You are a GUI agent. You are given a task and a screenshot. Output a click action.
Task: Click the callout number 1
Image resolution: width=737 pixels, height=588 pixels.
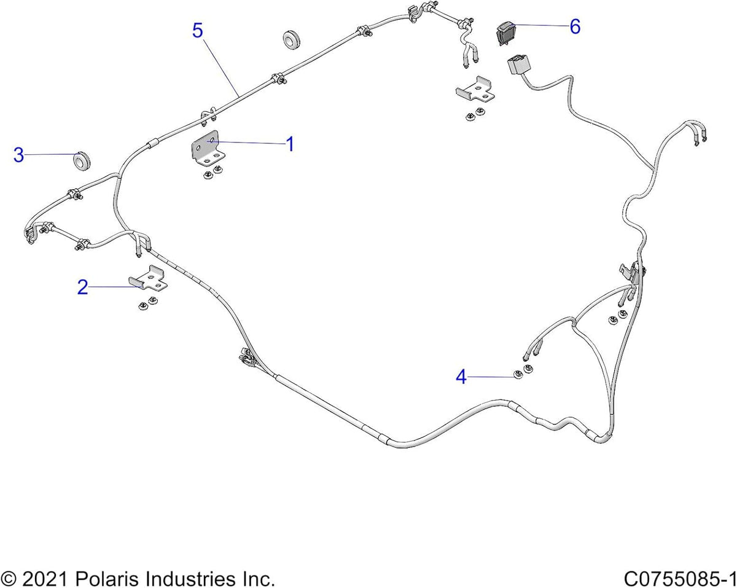point(290,144)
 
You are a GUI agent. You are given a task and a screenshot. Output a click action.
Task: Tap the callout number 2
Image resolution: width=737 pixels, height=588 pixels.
point(83,287)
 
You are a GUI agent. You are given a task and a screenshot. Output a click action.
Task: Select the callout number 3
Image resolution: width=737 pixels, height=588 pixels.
point(19,155)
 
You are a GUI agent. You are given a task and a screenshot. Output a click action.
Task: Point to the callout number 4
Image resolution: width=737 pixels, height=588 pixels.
point(461,377)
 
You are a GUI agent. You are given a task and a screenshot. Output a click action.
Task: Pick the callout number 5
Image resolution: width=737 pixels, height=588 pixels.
point(198,31)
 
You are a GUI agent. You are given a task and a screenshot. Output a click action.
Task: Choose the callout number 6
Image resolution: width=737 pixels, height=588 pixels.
point(575,26)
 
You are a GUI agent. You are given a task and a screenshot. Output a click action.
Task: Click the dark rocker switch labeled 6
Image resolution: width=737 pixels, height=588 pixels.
point(506,33)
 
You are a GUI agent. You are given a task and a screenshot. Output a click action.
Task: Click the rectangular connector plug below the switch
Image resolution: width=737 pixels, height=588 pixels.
point(518,65)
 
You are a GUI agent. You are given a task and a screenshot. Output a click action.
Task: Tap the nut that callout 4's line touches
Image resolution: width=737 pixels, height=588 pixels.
point(518,375)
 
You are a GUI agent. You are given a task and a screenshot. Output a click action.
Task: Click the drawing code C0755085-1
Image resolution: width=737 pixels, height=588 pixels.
point(680,579)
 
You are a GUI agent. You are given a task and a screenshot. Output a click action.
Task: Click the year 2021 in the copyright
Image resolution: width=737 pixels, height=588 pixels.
point(44,579)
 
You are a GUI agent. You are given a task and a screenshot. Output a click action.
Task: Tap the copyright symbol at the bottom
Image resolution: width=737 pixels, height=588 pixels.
point(9,579)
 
